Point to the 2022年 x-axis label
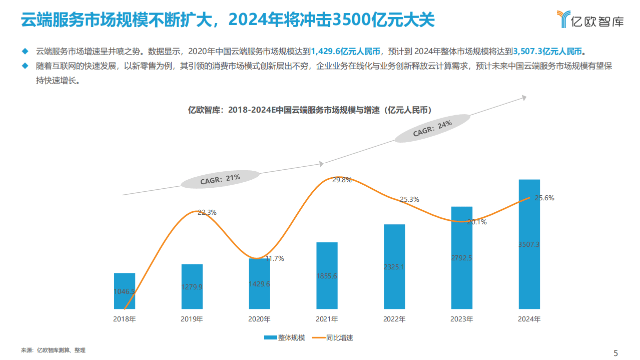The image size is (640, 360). pos(394,319)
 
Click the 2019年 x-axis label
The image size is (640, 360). pos(192,319)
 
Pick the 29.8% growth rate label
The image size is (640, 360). pos(342,180)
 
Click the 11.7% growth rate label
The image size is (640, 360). pos(275,259)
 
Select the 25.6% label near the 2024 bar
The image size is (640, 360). pos(544,198)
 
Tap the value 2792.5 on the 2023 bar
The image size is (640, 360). pos(461,258)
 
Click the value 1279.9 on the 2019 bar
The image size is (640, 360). pos(192,287)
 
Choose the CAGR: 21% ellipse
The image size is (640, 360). pos(220,179)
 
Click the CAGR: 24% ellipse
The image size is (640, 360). pos(432,128)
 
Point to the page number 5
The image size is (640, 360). pos(615,352)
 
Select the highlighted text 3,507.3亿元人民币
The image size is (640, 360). pos(548,51)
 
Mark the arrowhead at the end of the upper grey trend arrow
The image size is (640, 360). pos(524,98)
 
